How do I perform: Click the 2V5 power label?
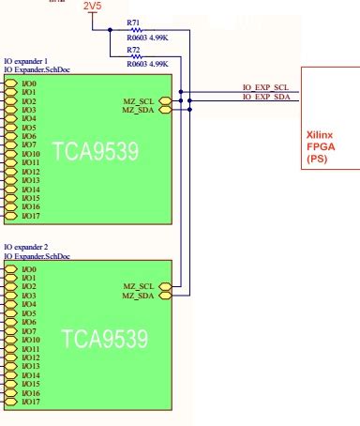pyautogui.click(x=94, y=7)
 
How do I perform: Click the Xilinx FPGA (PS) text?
pyautogui.click(x=323, y=147)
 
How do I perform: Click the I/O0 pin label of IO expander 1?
pyautogui.click(x=29, y=84)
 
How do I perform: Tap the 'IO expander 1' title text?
pyautogui.click(x=25, y=59)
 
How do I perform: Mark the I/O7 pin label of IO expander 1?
pyautogui.click(x=29, y=145)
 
